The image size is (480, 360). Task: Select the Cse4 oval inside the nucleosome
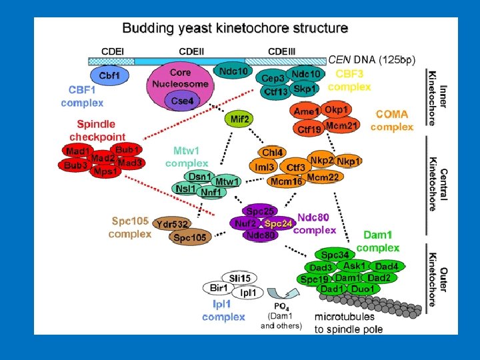[182, 101]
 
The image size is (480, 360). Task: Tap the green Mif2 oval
[240, 119]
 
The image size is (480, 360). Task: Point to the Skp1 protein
[305, 88]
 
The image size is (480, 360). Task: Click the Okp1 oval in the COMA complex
[337, 109]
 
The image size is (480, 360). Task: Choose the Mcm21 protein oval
[343, 125]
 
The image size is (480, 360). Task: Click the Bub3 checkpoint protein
[76, 165]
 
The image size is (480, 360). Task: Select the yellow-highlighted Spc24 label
[278, 223]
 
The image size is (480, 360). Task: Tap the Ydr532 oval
[172, 223]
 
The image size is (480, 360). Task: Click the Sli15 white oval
[240, 278]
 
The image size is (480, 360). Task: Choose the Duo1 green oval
[364, 289]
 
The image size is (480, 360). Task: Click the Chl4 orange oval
[272, 153]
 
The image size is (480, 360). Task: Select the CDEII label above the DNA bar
[192, 51]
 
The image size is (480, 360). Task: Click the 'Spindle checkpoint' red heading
[97, 130]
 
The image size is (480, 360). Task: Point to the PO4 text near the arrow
[281, 305]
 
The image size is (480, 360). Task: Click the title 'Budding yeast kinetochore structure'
[235, 29]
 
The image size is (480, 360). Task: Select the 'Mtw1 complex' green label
[186, 157]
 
